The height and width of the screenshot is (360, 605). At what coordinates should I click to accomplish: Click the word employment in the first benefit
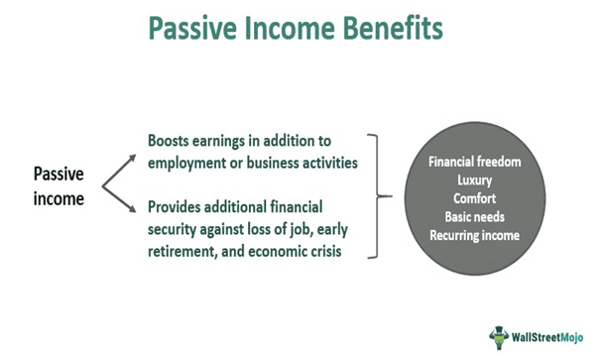(x=191, y=162)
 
